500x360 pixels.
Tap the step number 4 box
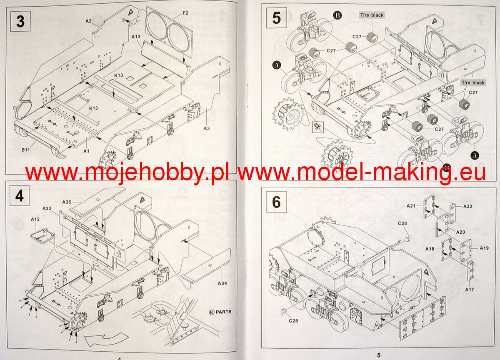tap(20, 196)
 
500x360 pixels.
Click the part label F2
tap(185, 13)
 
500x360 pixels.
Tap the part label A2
tap(89, 20)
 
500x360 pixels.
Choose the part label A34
tap(222, 283)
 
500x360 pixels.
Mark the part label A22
tap(467, 206)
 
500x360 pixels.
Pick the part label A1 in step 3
tap(86, 151)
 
